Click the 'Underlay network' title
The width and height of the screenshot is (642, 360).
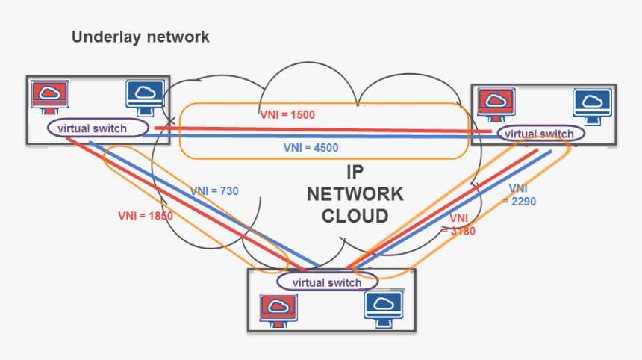140,37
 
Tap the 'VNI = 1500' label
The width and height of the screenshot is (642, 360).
287,115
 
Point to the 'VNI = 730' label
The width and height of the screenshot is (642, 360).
214,191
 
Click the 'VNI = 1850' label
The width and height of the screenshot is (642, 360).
146,216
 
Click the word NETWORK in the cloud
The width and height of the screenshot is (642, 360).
355,194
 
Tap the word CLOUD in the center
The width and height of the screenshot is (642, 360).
355,217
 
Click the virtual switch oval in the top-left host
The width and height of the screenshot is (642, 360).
99,128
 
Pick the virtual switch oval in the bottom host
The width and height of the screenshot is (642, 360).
327,282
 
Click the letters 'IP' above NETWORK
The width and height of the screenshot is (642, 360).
355,173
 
